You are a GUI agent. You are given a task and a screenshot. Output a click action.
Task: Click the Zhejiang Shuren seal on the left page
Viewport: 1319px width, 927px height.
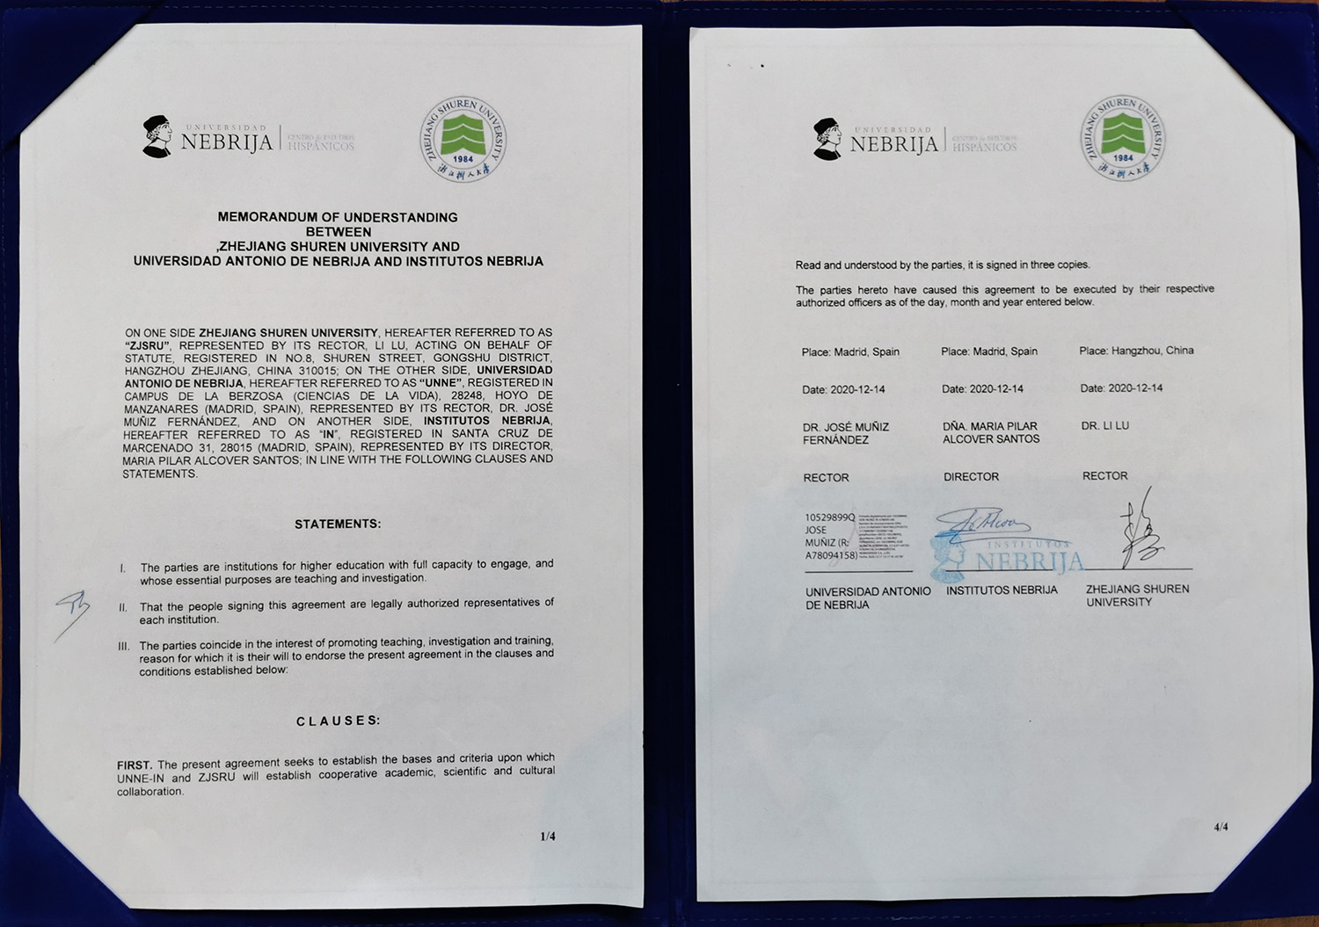pyautogui.click(x=463, y=140)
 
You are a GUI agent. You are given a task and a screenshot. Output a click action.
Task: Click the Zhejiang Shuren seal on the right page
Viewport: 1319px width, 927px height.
pyautogui.click(x=1123, y=138)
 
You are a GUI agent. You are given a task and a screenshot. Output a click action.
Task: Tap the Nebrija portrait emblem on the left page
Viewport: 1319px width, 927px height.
pyautogui.click(x=157, y=136)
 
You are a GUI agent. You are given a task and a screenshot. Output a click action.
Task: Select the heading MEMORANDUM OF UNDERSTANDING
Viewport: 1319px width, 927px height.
pyautogui.click(x=338, y=217)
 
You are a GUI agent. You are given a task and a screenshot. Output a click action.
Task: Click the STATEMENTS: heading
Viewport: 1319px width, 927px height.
pyautogui.click(x=338, y=525)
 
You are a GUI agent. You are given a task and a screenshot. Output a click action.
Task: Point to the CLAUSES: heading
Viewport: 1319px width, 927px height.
pyautogui.click(x=339, y=721)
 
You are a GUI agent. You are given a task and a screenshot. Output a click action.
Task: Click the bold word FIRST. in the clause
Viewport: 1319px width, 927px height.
pyautogui.click(x=135, y=765)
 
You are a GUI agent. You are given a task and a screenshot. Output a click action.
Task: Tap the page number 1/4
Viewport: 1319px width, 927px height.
pyautogui.click(x=548, y=836)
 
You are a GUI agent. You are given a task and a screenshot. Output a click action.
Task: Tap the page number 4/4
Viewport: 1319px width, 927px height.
pyautogui.click(x=1221, y=827)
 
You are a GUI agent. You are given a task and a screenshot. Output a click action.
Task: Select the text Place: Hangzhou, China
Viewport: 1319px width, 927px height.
pyautogui.click(x=1136, y=351)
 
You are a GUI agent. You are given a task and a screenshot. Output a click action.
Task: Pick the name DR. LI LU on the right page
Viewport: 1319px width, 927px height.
pyautogui.click(x=1105, y=426)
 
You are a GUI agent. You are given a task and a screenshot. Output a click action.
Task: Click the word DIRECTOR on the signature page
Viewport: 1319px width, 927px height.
pyautogui.click(x=971, y=477)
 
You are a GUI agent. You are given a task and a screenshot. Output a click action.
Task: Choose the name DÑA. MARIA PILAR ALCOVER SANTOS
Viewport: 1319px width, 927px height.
pyautogui.click(x=990, y=433)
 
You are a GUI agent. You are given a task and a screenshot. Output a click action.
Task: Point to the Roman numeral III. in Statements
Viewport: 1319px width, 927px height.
pyautogui.click(x=124, y=647)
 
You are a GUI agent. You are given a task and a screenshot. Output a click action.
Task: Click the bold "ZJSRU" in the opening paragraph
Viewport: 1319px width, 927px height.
pyautogui.click(x=147, y=346)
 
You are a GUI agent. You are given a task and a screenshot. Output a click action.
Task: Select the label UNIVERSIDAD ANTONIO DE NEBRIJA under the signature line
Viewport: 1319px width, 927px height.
pyautogui.click(x=867, y=598)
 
